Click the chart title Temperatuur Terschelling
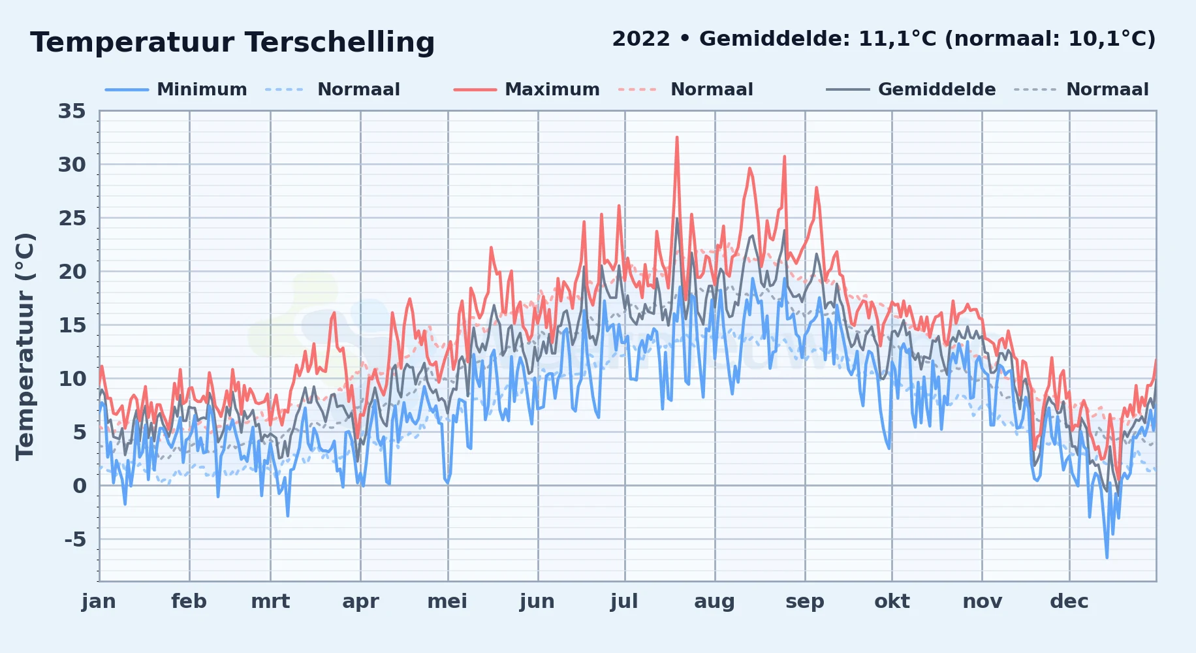click(x=232, y=42)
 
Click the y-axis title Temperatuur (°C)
click(x=25, y=347)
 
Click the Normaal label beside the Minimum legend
click(x=358, y=89)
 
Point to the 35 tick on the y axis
click(x=72, y=111)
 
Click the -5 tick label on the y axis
click(x=75, y=539)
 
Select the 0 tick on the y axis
click(x=80, y=486)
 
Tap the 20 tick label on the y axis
click(x=72, y=272)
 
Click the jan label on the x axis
click(x=99, y=601)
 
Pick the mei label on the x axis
click(x=447, y=601)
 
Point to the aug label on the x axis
click(x=714, y=601)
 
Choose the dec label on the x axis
click(x=1069, y=601)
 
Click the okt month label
click(x=892, y=601)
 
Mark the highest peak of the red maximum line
click(x=677, y=137)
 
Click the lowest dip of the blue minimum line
click(x=1107, y=558)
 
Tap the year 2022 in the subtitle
click(x=641, y=39)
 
